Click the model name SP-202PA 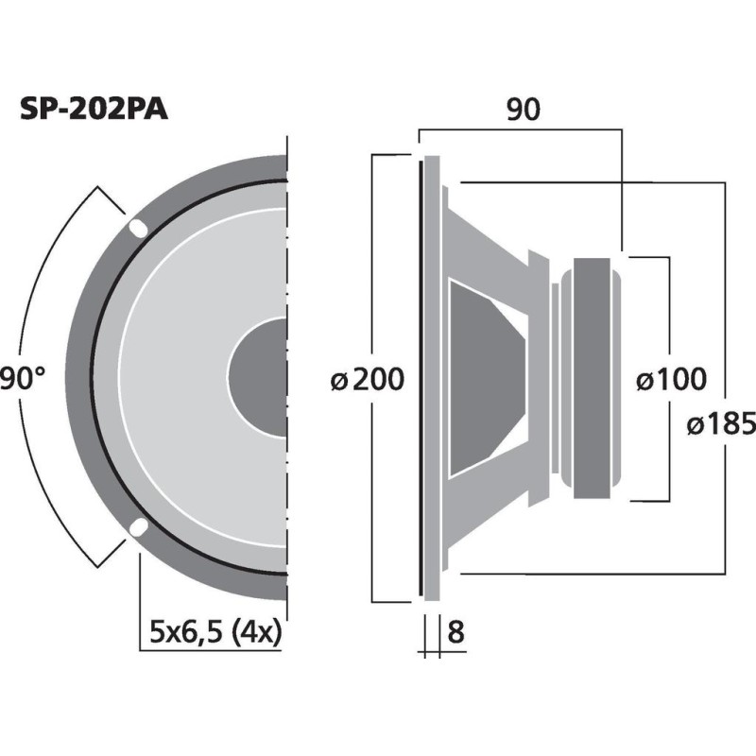coord(94,110)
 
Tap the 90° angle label coord(23,380)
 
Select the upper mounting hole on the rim coord(138,227)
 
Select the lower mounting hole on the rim coord(138,526)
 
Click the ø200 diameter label coord(367,380)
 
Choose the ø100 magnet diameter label coord(670,380)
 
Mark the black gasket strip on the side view coord(419,378)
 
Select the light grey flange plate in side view coord(432,378)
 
